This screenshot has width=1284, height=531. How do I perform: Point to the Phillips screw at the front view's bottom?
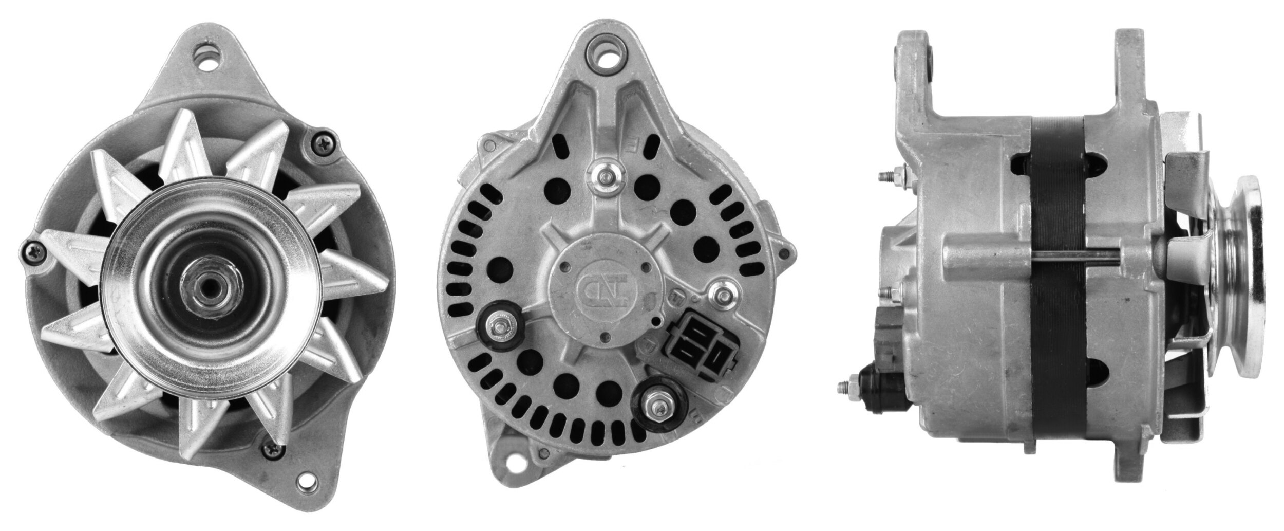pos(271,450)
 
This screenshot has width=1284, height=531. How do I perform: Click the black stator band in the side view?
pos(1050,288)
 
